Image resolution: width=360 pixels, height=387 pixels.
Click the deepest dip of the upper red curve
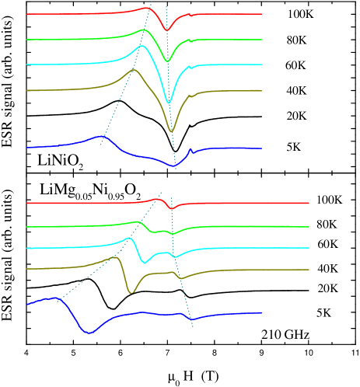coord(166,30)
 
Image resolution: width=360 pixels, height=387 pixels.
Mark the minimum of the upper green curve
coord(167,61)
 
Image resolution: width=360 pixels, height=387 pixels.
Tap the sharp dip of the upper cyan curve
coord(169,102)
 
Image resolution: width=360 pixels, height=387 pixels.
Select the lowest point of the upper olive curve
coord(172,131)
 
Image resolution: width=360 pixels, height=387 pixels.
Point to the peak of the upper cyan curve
coord(142,46)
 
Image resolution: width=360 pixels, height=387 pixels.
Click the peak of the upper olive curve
coord(134,71)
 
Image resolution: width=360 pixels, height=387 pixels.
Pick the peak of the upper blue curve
coord(103,137)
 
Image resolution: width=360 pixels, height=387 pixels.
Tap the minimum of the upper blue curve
coord(176,166)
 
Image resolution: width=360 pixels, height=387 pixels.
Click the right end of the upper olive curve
coord(261,91)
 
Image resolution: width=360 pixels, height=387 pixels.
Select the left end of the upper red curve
coord(26,14)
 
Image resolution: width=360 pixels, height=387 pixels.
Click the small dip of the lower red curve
coord(172,209)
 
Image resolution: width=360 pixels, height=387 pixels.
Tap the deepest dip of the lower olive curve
coord(131,292)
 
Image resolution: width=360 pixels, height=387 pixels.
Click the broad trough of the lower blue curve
coord(89,332)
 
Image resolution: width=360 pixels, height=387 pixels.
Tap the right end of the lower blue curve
coord(261,312)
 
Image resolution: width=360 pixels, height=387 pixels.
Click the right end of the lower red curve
coord(309,203)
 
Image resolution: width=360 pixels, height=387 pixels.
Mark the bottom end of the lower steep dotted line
coord(193,327)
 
